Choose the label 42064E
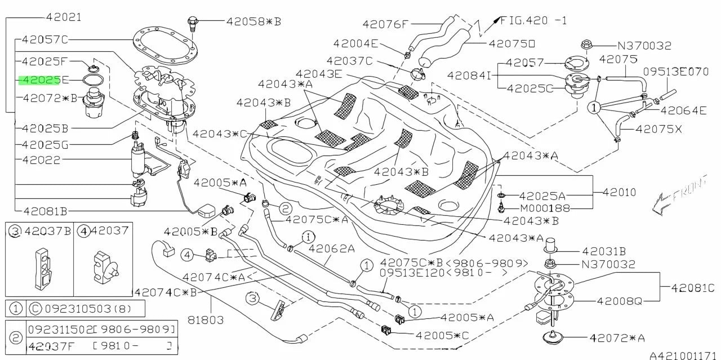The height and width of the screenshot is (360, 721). pyautogui.click(x=683, y=110)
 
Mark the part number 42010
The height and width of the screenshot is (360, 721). pyautogui.click(x=619, y=193)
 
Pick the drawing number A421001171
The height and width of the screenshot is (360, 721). pyautogui.click(x=683, y=355)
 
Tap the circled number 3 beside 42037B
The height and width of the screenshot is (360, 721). pyautogui.click(x=15, y=230)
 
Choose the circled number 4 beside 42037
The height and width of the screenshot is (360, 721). pyautogui.click(x=84, y=230)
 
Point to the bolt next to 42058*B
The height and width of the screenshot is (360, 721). pyautogui.click(x=193, y=23)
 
